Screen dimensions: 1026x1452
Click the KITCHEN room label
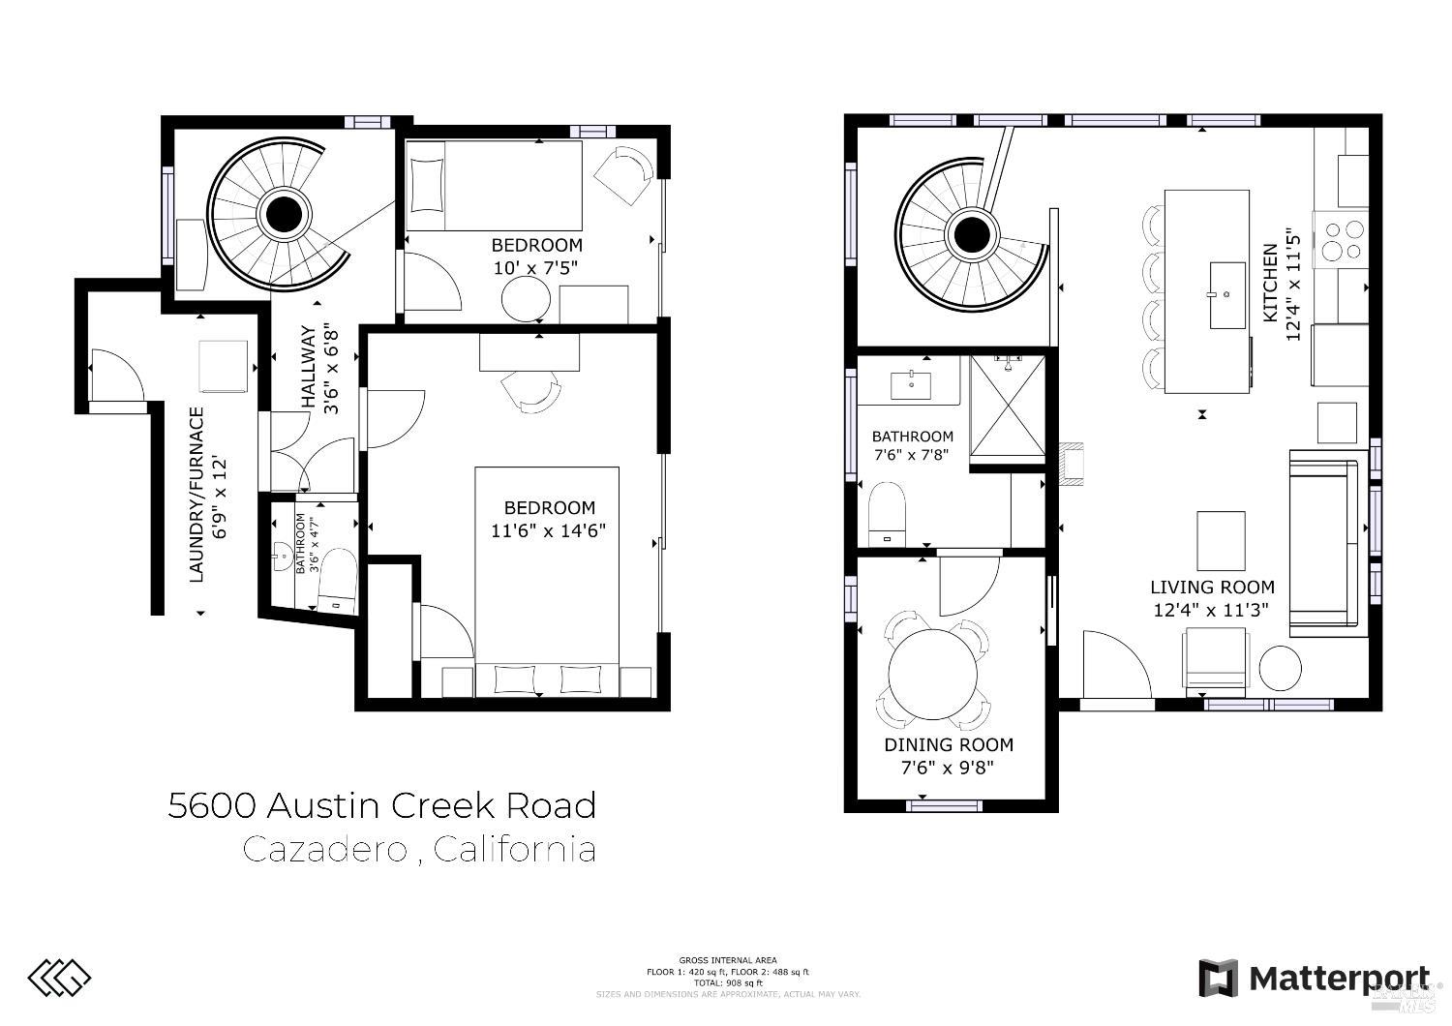(1269, 283)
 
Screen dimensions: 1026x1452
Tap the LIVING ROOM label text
(1212, 587)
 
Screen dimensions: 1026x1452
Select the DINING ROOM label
(948, 744)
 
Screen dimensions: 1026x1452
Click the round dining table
(934, 675)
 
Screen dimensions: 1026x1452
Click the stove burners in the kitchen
(1341, 239)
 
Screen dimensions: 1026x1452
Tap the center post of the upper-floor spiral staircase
(969, 233)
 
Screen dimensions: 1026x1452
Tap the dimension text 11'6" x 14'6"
(549, 529)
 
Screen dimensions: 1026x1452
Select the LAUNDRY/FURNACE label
(197, 495)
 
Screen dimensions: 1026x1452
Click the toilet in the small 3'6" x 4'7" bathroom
(338, 579)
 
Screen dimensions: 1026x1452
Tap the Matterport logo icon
(1218, 978)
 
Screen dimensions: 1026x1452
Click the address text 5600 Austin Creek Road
(381, 805)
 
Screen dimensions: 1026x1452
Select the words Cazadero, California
(418, 850)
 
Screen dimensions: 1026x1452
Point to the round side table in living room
(1280, 667)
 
